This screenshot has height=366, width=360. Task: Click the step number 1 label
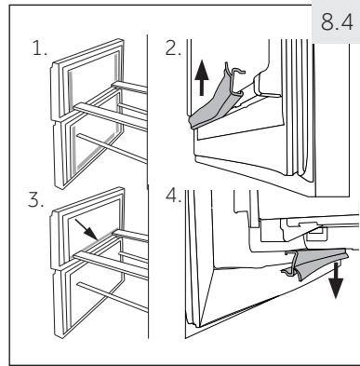(x=40, y=49)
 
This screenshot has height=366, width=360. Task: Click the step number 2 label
(x=173, y=48)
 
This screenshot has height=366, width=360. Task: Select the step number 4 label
(x=173, y=196)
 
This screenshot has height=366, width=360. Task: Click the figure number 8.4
(x=337, y=22)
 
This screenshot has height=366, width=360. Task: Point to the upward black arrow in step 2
(x=202, y=78)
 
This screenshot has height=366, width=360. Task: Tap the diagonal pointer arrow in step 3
(x=87, y=230)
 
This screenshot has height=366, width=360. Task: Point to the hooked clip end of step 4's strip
(x=291, y=263)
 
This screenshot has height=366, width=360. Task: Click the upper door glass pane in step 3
(x=92, y=229)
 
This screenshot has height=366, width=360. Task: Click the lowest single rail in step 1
(x=112, y=148)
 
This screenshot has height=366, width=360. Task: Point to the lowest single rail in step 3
(x=113, y=296)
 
